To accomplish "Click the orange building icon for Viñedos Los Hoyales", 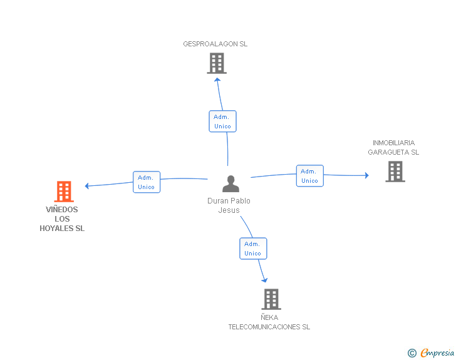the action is point(64,192).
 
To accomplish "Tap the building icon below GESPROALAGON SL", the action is point(217,63).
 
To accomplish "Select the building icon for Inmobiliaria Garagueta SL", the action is point(395,172).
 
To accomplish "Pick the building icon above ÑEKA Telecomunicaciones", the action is point(271,299).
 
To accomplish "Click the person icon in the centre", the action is point(231,183).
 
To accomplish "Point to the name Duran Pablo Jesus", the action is point(229,205).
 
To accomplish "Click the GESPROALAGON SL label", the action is point(215,44).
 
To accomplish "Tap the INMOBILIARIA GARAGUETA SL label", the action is point(393,147).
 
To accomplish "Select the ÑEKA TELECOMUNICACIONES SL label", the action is point(269,322).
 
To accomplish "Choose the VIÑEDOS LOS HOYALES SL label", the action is point(62,219).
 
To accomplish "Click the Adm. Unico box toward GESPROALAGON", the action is point(222,121).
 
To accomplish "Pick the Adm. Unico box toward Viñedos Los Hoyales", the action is point(147,182).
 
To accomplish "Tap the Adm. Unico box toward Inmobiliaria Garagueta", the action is point(309,176).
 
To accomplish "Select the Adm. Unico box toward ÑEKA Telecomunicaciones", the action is point(253,249).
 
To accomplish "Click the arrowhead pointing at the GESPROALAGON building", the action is point(217,80).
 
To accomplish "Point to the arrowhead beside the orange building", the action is point(86,186).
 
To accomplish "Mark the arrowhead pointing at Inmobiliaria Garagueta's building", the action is point(367,175).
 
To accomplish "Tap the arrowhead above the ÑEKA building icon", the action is point(264,280).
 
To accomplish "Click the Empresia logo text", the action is point(437,352).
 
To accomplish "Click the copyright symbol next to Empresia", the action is point(412,353).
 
